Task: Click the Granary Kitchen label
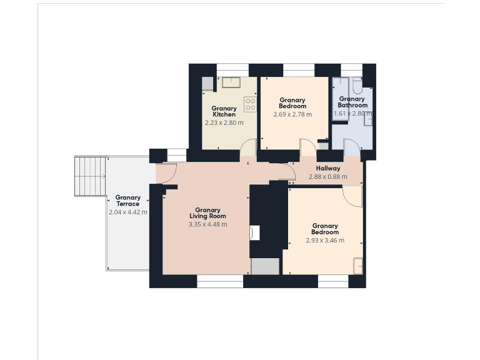224,111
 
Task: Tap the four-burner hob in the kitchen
250,104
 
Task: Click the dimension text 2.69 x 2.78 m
292,114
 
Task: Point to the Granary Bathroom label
352,102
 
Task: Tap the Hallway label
328,168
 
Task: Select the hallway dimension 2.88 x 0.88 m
328,177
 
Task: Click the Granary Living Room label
207,213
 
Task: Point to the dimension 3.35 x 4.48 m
207,224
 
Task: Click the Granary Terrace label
127,201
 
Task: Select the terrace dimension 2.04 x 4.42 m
127,212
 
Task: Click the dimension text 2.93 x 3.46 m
325,240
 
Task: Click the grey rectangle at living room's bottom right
264,266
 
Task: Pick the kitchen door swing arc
249,148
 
